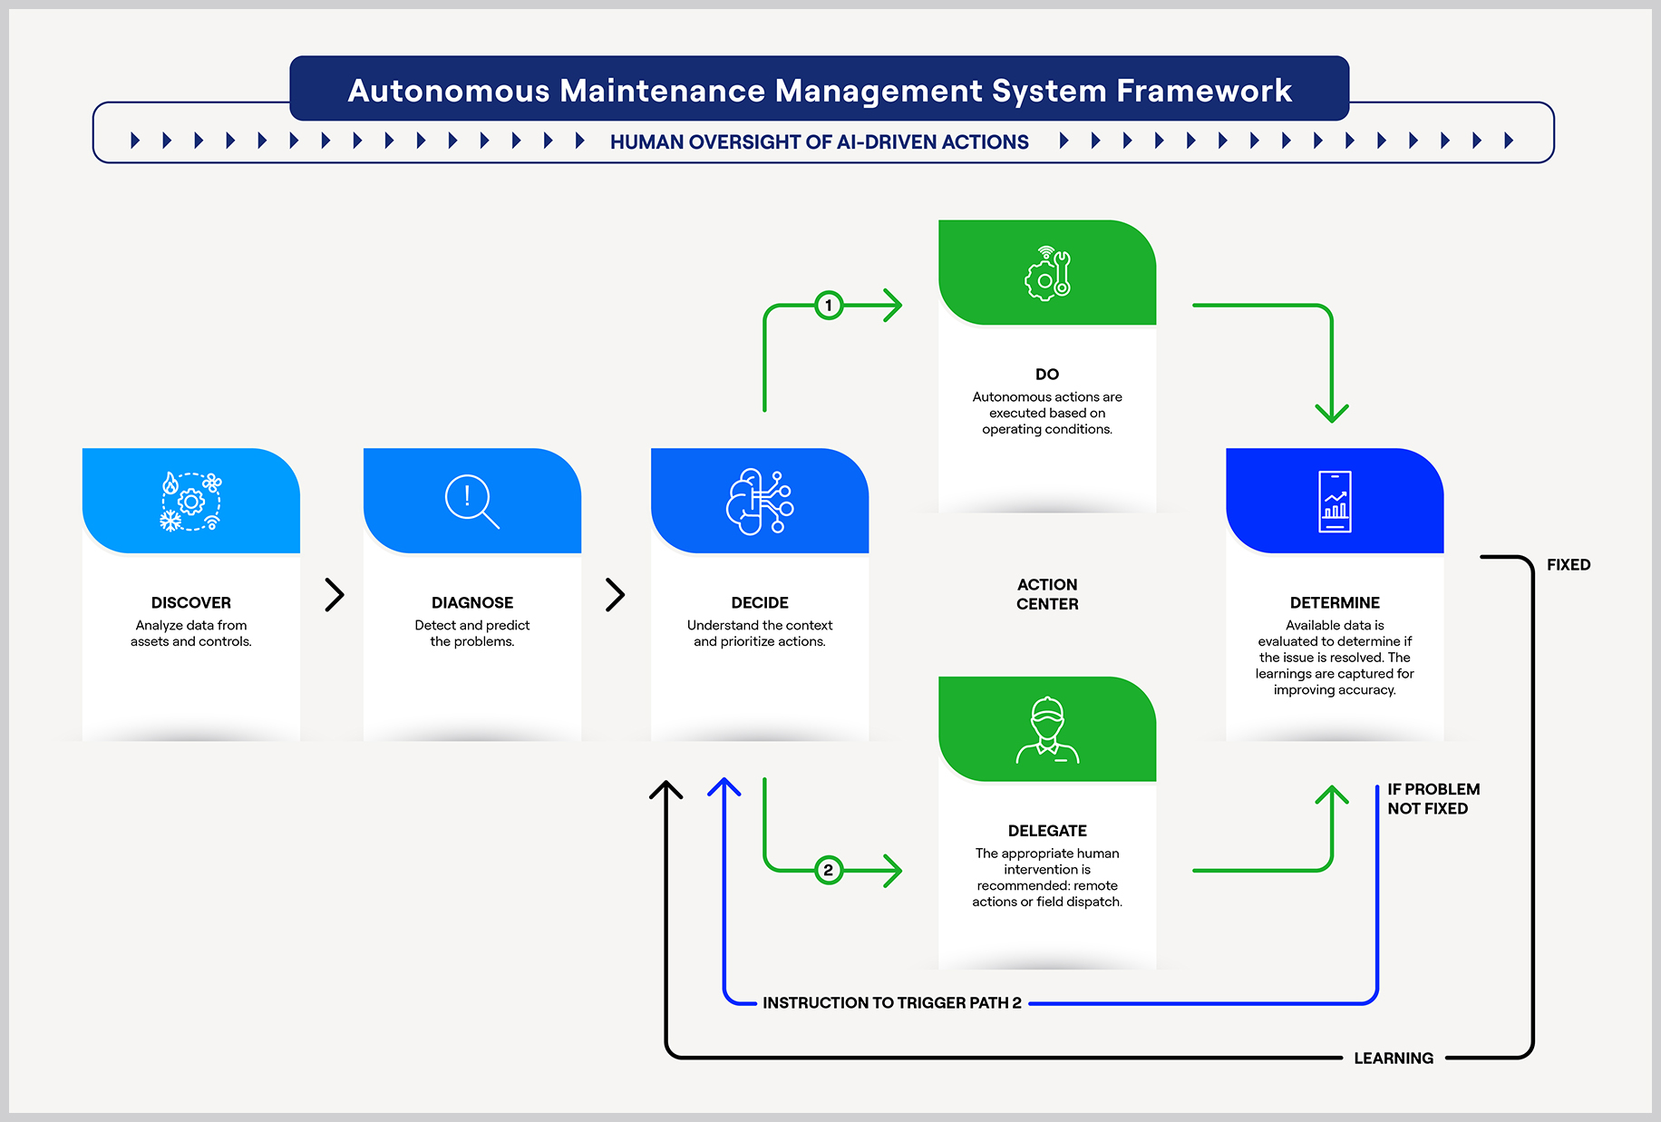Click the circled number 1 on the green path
829,306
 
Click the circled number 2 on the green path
829,871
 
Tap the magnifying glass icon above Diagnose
472,502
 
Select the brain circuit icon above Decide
760,502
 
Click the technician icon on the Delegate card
1047,730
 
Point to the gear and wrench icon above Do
1047,273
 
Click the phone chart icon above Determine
1335,502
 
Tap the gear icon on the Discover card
191,501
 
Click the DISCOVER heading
191,603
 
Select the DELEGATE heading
1047,831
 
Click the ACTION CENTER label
1047,594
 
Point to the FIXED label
1569,565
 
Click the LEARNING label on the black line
1394,1059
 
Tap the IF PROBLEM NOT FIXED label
1433,799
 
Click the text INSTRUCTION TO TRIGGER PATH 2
892,1003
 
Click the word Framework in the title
1204,91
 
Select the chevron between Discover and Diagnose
335,595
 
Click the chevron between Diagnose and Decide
616,595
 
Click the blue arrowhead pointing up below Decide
724,787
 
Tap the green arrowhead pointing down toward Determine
1332,413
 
